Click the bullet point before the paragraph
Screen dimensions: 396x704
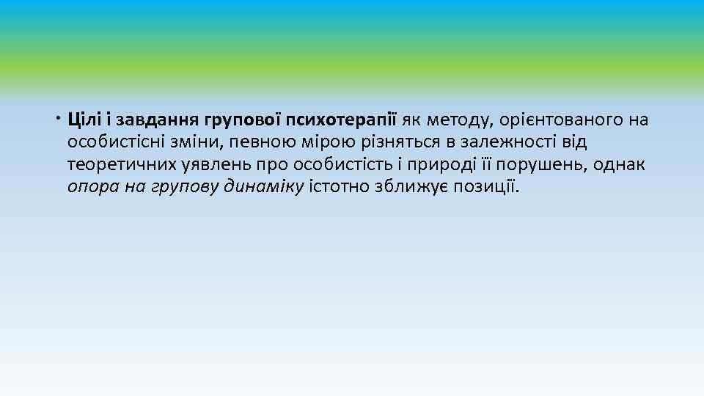pos(59,117)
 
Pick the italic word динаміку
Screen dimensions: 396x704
pos(265,187)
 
